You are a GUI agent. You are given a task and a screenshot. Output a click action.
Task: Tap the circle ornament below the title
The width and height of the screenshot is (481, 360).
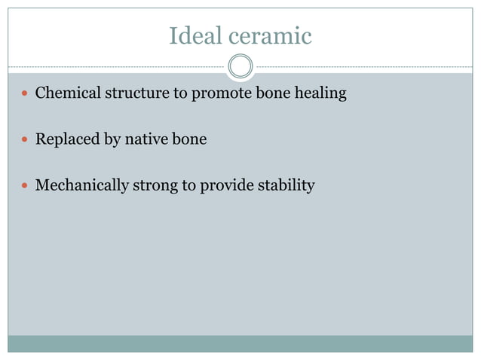240,67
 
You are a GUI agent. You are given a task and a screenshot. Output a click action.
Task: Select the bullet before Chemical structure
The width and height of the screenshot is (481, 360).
26,95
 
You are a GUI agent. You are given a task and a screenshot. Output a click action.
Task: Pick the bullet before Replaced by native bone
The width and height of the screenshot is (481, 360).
26,140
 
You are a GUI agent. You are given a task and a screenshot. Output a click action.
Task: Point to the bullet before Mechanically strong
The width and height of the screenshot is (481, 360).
26,185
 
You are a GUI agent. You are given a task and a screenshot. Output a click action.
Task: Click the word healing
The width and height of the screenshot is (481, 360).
317,95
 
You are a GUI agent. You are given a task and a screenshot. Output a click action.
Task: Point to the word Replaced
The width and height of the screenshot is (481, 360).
67,140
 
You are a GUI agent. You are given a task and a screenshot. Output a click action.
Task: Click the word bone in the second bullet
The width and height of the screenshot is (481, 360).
190,139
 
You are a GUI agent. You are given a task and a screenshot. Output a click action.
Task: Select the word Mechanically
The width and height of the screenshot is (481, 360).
81,185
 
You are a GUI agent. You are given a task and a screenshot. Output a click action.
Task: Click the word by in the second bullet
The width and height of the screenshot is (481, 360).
112,140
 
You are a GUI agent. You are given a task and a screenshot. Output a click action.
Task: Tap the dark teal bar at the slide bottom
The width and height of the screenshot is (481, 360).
240,343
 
